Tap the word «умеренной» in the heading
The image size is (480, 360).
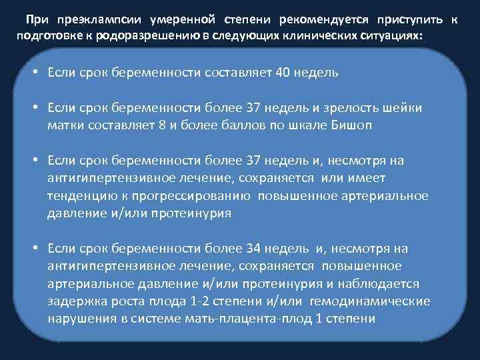[x=161, y=21]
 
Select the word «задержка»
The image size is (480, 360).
[x=75, y=301]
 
